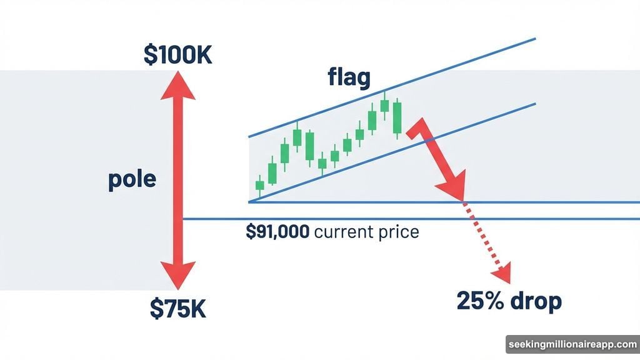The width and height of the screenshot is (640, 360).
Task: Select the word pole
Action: (132, 181)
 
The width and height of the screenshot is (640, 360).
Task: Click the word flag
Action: (349, 78)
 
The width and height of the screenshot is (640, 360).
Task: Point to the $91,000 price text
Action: (277, 232)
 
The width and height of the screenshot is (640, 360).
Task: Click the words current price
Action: (366, 232)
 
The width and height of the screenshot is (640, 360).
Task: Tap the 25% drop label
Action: (509, 301)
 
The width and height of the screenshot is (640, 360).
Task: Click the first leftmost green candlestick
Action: (260, 186)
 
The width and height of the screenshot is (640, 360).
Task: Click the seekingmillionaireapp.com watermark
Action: (571, 345)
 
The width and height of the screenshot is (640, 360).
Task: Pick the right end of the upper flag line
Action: (534, 39)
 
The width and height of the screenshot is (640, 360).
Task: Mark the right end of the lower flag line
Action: (534, 104)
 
